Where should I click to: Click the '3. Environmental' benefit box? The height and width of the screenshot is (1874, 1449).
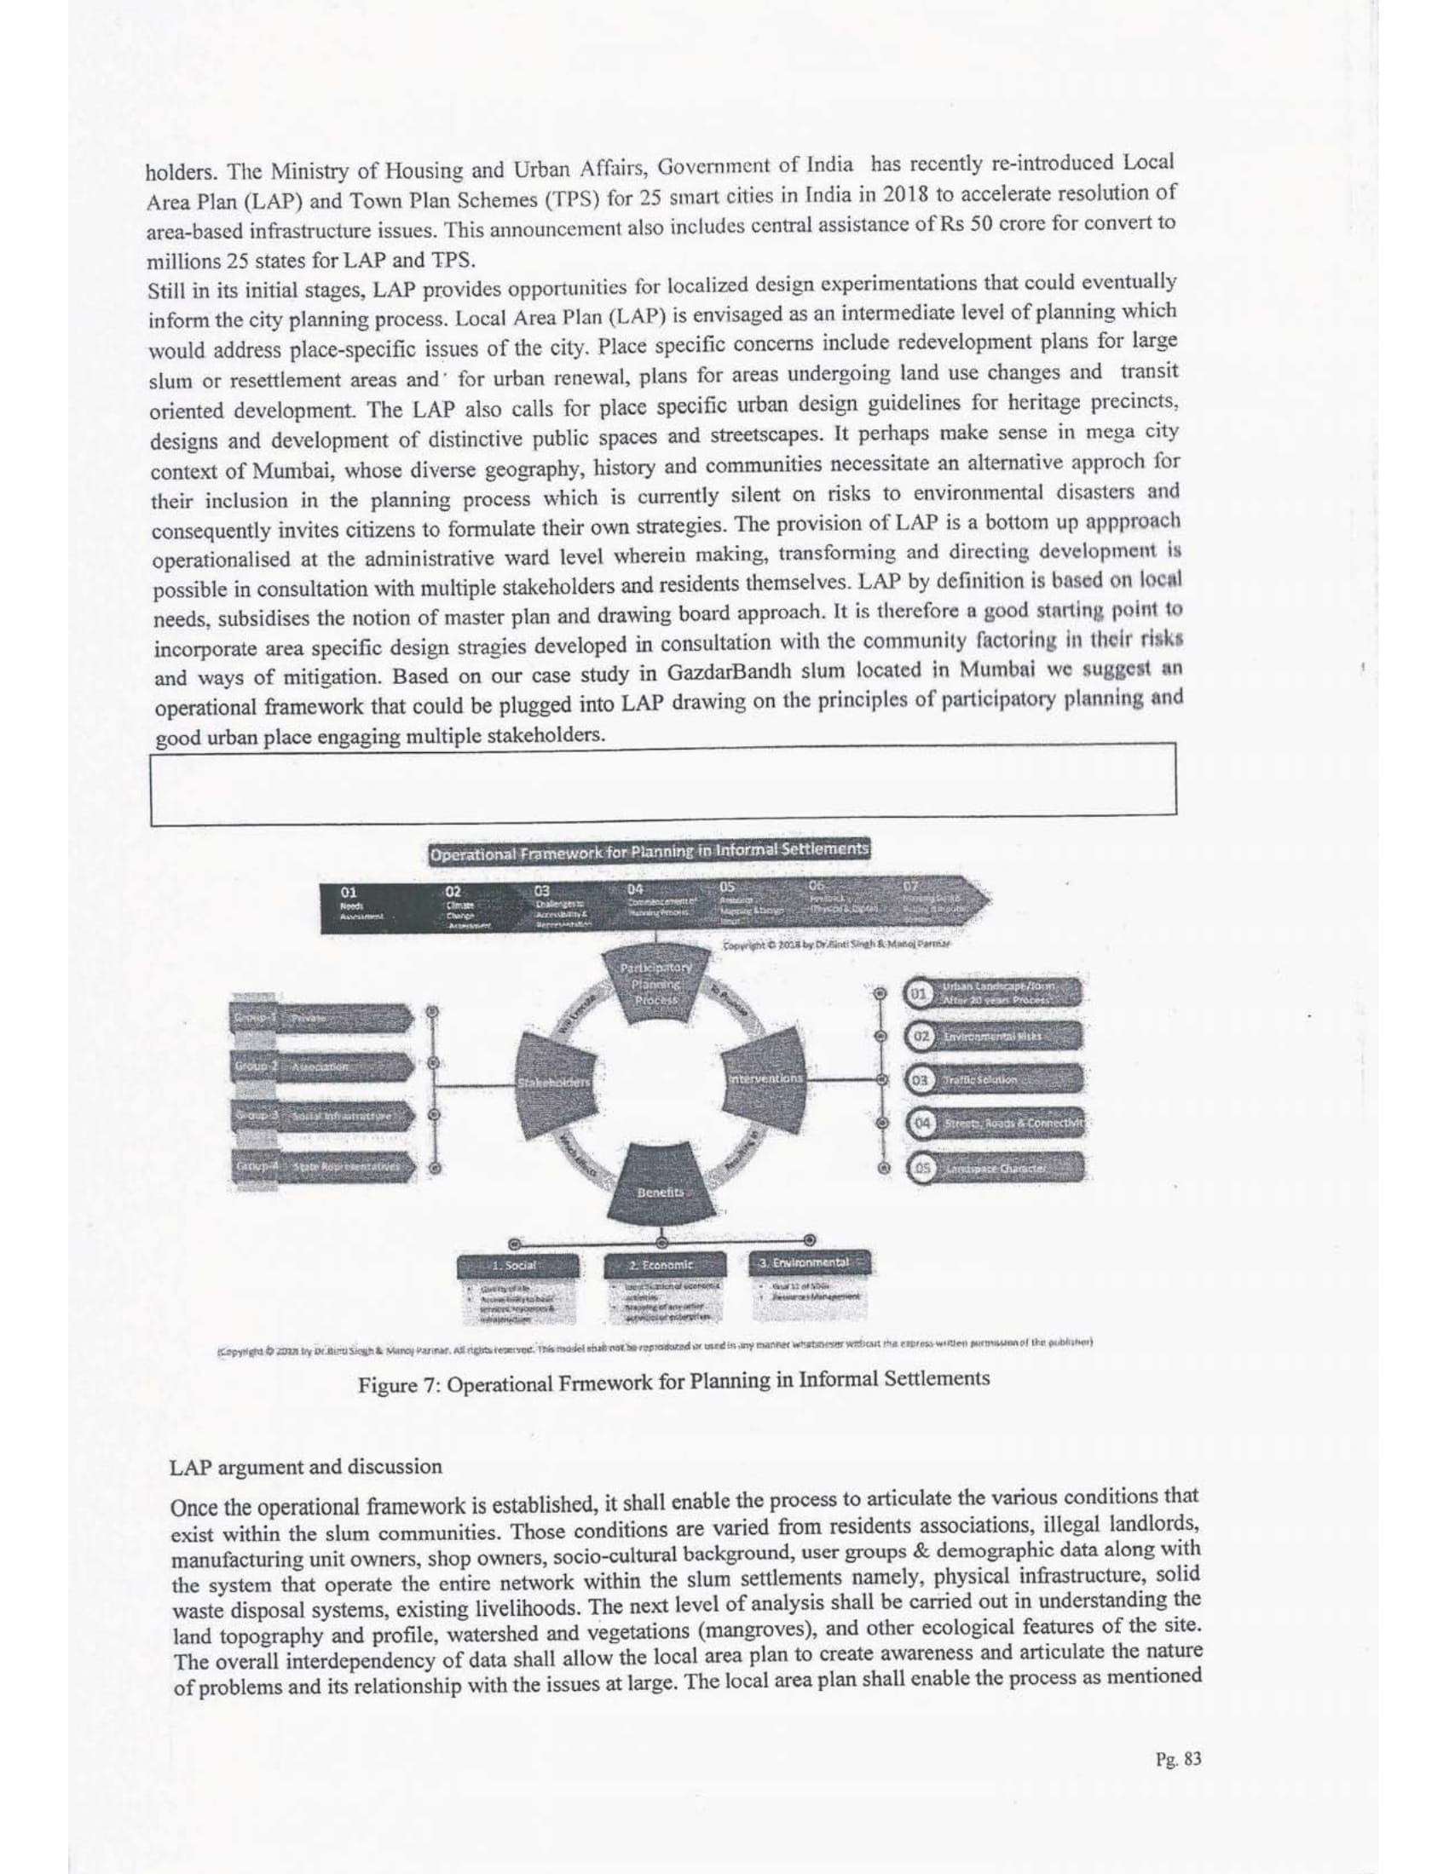[x=811, y=1262]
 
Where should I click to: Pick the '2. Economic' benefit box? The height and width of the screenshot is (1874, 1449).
[x=661, y=1264]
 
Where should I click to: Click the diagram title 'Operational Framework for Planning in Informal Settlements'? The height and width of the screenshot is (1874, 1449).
[x=649, y=851]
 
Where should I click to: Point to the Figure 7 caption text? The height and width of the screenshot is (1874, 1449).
[x=673, y=1379]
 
